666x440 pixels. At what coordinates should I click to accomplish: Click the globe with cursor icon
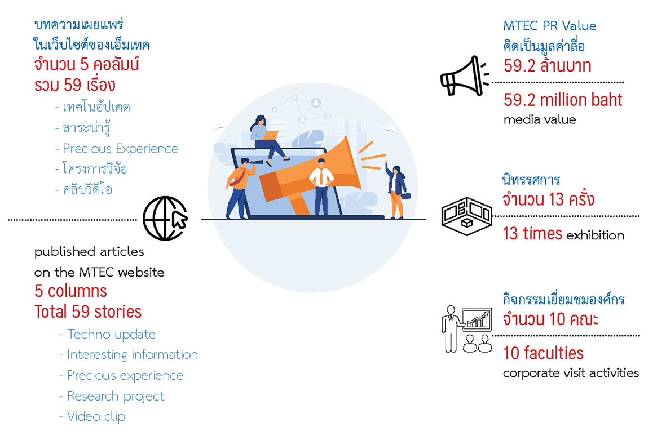point(165,219)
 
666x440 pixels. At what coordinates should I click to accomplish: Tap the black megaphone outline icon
point(464,77)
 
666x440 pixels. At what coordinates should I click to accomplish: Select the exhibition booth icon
point(467,216)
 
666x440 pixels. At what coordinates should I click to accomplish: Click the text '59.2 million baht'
point(563,100)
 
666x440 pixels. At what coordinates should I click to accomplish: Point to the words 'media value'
point(540,119)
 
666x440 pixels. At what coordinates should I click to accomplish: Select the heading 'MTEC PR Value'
point(550,26)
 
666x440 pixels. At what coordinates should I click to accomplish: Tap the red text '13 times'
point(532,234)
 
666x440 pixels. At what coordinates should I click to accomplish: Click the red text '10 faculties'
point(543,353)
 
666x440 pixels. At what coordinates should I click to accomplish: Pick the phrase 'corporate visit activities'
point(571,373)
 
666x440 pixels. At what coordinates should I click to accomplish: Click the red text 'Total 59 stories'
point(88,312)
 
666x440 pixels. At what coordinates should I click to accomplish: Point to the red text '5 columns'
point(70,291)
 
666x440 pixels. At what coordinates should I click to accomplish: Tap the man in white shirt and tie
point(321,186)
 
